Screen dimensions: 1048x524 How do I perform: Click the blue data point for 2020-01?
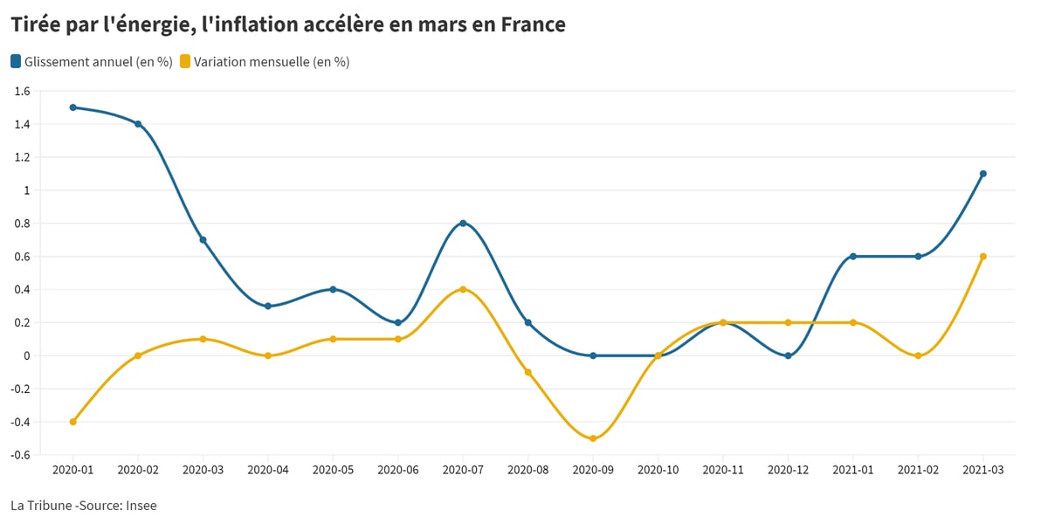pyautogui.click(x=73, y=107)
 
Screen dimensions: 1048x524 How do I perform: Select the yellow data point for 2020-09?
pyautogui.click(x=593, y=438)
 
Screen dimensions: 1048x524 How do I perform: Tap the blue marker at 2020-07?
pyautogui.click(x=463, y=224)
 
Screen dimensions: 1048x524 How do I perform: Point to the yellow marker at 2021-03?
pyautogui.click(x=983, y=257)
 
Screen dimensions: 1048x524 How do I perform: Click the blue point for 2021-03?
pyautogui.click(x=983, y=174)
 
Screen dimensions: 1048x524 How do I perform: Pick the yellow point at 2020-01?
pyautogui.click(x=73, y=422)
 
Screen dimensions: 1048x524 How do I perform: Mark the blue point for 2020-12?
pyautogui.click(x=788, y=356)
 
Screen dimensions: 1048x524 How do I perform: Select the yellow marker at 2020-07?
pyautogui.click(x=463, y=290)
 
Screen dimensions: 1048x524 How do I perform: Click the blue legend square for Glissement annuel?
pyautogui.click(x=16, y=61)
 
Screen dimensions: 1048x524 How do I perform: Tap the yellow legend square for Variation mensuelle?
pyautogui.click(x=185, y=61)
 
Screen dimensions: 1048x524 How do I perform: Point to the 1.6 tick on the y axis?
pyautogui.click(x=22, y=91)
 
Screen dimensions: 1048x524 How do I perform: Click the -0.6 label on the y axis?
pyautogui.click(x=19, y=455)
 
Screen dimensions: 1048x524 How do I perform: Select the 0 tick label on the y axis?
pyautogui.click(x=27, y=356)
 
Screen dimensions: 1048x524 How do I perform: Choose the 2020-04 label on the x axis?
pyautogui.click(x=268, y=470)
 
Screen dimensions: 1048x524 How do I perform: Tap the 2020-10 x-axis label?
pyautogui.click(x=658, y=470)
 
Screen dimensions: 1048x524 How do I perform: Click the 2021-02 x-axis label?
pyautogui.click(x=918, y=470)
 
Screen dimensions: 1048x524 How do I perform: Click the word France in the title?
pyautogui.click(x=534, y=24)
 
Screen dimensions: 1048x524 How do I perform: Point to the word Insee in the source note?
pyautogui.click(x=141, y=506)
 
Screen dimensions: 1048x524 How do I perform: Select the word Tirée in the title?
pyautogui.click(x=36, y=24)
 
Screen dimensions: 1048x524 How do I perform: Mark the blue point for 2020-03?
pyautogui.click(x=203, y=240)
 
